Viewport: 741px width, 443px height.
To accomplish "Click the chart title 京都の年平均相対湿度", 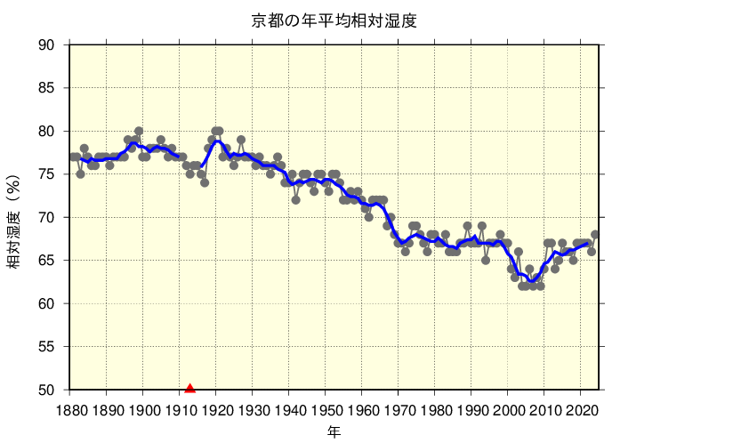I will click(x=334, y=20).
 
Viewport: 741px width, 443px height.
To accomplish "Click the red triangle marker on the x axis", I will click(x=189, y=387).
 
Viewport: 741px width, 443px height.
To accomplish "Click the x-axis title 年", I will click(x=334, y=431).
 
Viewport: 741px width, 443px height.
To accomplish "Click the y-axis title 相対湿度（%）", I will click(x=15, y=218).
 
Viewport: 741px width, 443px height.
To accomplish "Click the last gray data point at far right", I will click(x=595, y=235).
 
